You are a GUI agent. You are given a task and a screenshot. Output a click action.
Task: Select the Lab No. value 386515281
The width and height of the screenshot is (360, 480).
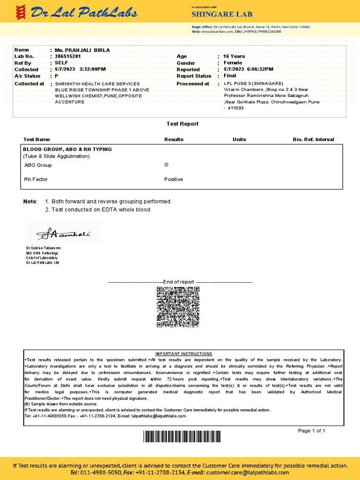(x=68, y=56)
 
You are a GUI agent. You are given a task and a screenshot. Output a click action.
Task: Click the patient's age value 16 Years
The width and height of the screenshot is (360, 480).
(x=234, y=56)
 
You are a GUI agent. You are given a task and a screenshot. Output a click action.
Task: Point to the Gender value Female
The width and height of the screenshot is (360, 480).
(x=232, y=63)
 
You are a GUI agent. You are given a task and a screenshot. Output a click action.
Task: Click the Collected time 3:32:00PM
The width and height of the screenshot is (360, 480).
(x=93, y=69)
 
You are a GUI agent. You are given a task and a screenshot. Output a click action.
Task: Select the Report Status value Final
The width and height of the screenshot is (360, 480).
(x=230, y=76)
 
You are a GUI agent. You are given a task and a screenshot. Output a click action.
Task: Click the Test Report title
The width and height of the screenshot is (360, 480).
(x=182, y=124)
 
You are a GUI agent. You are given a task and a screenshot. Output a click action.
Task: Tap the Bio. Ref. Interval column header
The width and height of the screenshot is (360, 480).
(x=313, y=140)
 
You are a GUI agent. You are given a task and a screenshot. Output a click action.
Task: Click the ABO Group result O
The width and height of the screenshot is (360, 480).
(x=166, y=165)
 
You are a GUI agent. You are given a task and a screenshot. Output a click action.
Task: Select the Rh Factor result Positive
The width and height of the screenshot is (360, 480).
(x=173, y=180)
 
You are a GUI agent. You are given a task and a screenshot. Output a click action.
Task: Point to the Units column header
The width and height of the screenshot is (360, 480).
(x=239, y=140)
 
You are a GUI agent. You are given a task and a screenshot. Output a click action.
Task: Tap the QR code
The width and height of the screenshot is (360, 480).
(x=180, y=307)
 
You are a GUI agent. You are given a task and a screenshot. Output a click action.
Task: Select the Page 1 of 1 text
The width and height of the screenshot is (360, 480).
(x=311, y=431)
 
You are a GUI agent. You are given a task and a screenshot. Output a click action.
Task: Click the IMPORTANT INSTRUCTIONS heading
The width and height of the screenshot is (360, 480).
(x=184, y=353)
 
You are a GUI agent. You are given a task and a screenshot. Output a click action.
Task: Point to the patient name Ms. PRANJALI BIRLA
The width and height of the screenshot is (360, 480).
(x=82, y=50)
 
